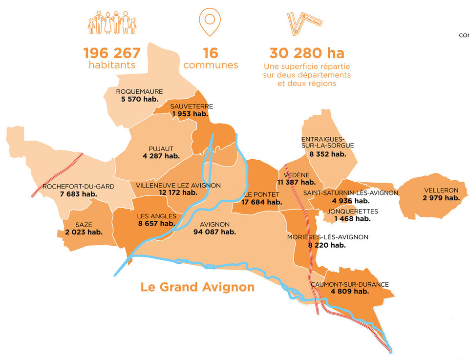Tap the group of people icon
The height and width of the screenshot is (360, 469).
[x=112, y=23]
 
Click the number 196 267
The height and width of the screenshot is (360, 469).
[x=112, y=53]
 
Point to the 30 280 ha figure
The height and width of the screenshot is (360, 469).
[x=307, y=53]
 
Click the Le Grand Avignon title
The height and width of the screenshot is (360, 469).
[x=197, y=287]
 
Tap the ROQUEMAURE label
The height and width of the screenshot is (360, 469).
[x=139, y=91]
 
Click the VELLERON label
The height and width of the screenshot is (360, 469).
[x=441, y=190]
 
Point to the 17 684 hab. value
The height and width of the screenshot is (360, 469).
[x=261, y=202]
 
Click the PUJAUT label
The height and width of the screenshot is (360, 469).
[x=161, y=149]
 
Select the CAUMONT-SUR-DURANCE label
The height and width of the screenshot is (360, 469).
[x=349, y=284]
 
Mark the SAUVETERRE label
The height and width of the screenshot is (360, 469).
[x=192, y=106]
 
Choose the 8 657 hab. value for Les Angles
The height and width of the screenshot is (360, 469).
[x=156, y=223]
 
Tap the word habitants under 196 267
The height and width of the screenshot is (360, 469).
[x=112, y=65]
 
